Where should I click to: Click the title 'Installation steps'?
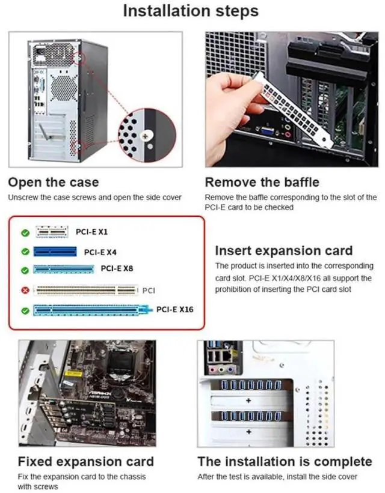click(x=191, y=11)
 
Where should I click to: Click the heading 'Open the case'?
click(x=54, y=182)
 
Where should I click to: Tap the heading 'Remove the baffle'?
click(x=262, y=182)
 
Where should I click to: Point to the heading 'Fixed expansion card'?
click(x=86, y=461)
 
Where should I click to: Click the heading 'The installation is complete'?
click(x=285, y=461)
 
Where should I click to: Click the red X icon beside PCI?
click(x=25, y=291)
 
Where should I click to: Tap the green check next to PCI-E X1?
click(x=25, y=232)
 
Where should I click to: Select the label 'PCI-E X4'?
click(x=100, y=252)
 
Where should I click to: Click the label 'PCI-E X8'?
click(x=117, y=268)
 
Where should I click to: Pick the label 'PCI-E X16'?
click(x=175, y=310)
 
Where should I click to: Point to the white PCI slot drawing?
click(x=85, y=291)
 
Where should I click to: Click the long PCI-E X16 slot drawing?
click(x=91, y=310)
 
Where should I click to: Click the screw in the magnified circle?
click(x=144, y=136)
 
